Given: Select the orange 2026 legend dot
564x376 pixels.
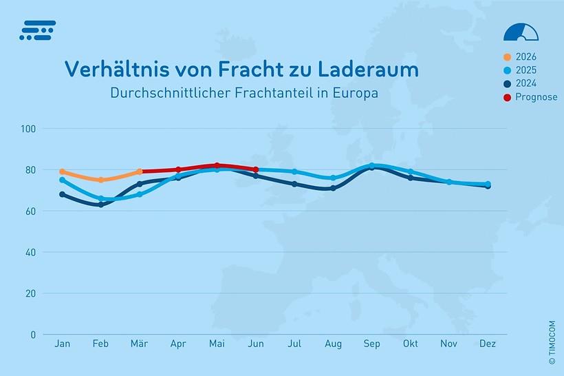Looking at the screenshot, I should (x=508, y=57).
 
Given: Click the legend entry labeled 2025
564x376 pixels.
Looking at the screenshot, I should (x=525, y=70).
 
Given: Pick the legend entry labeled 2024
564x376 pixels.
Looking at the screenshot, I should (x=525, y=83).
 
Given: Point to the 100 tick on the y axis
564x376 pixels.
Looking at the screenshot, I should (x=29, y=129).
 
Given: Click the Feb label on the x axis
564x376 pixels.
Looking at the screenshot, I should (x=100, y=343).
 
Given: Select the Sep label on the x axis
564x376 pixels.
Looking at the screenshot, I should (x=371, y=343).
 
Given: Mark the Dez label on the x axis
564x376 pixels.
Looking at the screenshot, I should (x=488, y=343).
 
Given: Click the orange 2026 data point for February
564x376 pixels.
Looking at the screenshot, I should (x=101, y=180).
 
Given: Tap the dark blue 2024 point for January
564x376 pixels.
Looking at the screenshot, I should (x=63, y=194).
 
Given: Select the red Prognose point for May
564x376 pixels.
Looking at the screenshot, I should (x=217, y=166).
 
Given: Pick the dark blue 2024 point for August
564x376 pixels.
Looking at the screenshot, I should (x=333, y=188).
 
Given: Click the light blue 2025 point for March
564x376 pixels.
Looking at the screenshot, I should (x=140, y=194).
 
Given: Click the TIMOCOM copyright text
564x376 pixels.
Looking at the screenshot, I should (x=552, y=342).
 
